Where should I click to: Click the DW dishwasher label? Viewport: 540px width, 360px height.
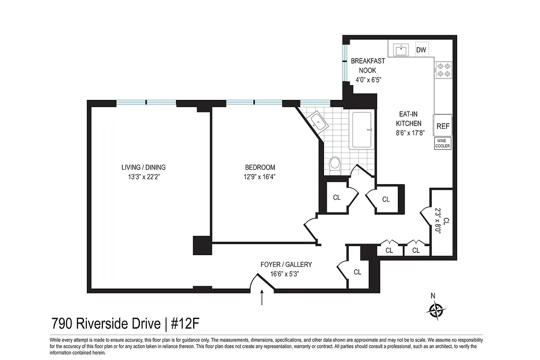click(x=421, y=49)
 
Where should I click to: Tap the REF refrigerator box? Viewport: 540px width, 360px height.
click(x=443, y=126)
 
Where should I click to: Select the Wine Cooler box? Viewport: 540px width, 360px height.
click(x=442, y=144)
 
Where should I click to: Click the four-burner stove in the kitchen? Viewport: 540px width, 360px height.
click(x=443, y=69)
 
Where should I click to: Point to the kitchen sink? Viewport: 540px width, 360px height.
click(x=401, y=49)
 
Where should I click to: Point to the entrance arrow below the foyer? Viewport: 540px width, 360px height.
click(x=262, y=297)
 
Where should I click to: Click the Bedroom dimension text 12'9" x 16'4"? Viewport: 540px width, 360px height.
click(x=257, y=177)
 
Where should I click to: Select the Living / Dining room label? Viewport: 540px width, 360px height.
click(x=144, y=167)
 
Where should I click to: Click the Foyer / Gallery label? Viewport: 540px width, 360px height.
click(x=286, y=265)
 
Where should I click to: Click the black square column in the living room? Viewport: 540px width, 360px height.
click(x=202, y=245)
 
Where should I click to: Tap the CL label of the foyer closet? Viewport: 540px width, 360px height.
click(x=357, y=272)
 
